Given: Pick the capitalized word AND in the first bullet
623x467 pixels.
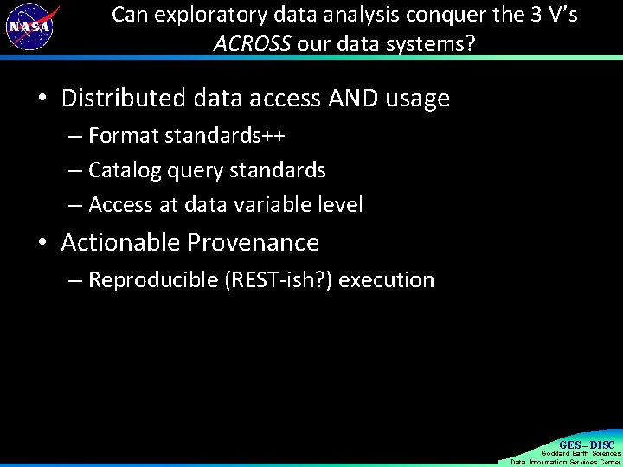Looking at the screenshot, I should [351, 99].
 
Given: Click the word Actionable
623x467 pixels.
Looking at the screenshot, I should [121, 242].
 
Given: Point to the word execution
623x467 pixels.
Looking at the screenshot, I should [386, 280].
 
